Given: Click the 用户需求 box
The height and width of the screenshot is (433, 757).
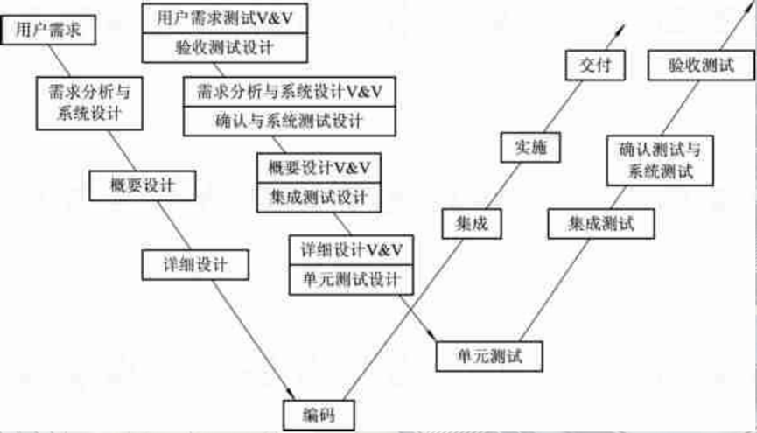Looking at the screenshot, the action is [x=49, y=31].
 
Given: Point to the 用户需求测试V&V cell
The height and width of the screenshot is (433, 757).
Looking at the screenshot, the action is [x=225, y=17].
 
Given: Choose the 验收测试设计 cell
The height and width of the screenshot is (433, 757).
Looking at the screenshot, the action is [x=225, y=48].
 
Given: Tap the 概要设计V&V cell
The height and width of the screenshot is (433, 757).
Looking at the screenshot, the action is [x=319, y=166].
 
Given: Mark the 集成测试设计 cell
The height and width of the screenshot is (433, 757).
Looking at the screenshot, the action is [x=319, y=196].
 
